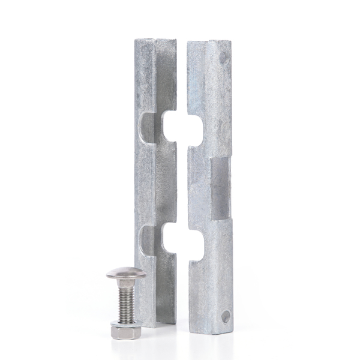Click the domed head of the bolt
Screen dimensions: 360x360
[126, 275]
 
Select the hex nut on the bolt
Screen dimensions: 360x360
[127, 325]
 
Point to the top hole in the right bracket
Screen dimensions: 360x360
[224, 59]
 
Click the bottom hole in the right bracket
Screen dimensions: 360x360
[226, 316]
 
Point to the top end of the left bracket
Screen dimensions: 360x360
[155, 41]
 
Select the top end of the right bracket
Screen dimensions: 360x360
[209, 43]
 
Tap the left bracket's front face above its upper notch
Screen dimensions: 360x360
[144, 78]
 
